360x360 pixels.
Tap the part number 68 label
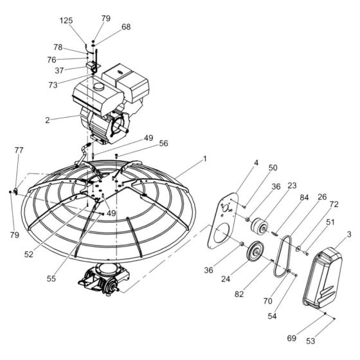click(x=125, y=27)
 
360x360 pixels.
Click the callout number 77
click(x=19, y=150)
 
